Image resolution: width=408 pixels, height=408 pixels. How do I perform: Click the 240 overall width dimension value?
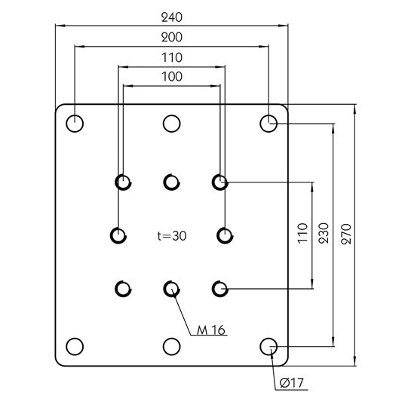(x=172, y=17)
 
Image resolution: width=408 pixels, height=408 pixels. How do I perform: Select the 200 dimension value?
(x=172, y=37)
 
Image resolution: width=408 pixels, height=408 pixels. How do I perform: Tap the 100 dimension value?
(x=172, y=77)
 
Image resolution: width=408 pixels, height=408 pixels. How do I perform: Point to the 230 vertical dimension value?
(x=323, y=232)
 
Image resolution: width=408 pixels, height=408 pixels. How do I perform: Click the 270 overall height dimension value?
(x=345, y=232)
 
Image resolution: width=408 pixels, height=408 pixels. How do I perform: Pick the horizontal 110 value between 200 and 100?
(x=172, y=57)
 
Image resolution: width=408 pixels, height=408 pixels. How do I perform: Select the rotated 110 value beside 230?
(x=301, y=232)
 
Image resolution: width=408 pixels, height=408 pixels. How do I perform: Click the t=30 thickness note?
(x=172, y=235)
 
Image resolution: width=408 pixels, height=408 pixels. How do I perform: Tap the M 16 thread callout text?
(x=211, y=330)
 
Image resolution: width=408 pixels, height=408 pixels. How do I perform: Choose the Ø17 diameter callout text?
(x=290, y=383)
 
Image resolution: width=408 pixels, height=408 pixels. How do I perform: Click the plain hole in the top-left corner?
(x=75, y=123)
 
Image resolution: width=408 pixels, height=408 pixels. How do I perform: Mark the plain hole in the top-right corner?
(x=268, y=123)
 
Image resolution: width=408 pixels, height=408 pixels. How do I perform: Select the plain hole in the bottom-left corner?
(x=75, y=346)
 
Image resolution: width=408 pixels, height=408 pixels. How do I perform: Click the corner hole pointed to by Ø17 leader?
(x=268, y=346)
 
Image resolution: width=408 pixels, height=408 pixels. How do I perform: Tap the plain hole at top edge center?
(x=172, y=123)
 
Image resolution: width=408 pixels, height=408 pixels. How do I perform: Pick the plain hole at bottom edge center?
(x=172, y=346)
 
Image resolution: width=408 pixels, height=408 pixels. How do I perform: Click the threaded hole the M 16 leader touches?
(x=172, y=288)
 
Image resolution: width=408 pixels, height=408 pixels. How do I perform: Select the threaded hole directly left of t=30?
(x=118, y=235)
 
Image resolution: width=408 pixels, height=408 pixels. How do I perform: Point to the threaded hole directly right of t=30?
(x=225, y=235)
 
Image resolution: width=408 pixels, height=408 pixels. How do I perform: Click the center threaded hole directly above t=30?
(x=172, y=181)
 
